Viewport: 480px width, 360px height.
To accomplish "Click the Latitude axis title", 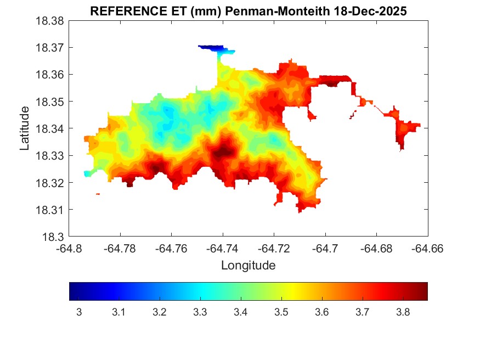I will [x=25, y=128].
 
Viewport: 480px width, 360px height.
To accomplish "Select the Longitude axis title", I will [x=248, y=266].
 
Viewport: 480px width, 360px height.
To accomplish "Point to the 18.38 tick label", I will [x=50, y=21].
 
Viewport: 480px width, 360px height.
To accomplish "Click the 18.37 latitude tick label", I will [x=50, y=48].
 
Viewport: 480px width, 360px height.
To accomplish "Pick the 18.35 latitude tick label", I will [x=50, y=102].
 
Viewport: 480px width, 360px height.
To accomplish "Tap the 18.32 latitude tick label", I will [x=50, y=183].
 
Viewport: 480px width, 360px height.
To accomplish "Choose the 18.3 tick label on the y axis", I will [x=54, y=237].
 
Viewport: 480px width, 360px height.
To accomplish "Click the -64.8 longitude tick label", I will [x=70, y=248].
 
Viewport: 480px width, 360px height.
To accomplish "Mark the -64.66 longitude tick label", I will [x=428, y=248].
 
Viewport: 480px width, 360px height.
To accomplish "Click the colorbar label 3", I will [x=79, y=312].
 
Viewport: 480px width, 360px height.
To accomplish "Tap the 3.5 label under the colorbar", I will [x=281, y=312].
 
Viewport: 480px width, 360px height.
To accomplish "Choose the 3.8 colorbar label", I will [x=403, y=312].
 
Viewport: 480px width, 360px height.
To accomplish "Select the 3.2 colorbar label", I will [x=160, y=312].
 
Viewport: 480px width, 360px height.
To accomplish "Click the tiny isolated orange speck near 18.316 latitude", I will [x=98, y=194].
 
